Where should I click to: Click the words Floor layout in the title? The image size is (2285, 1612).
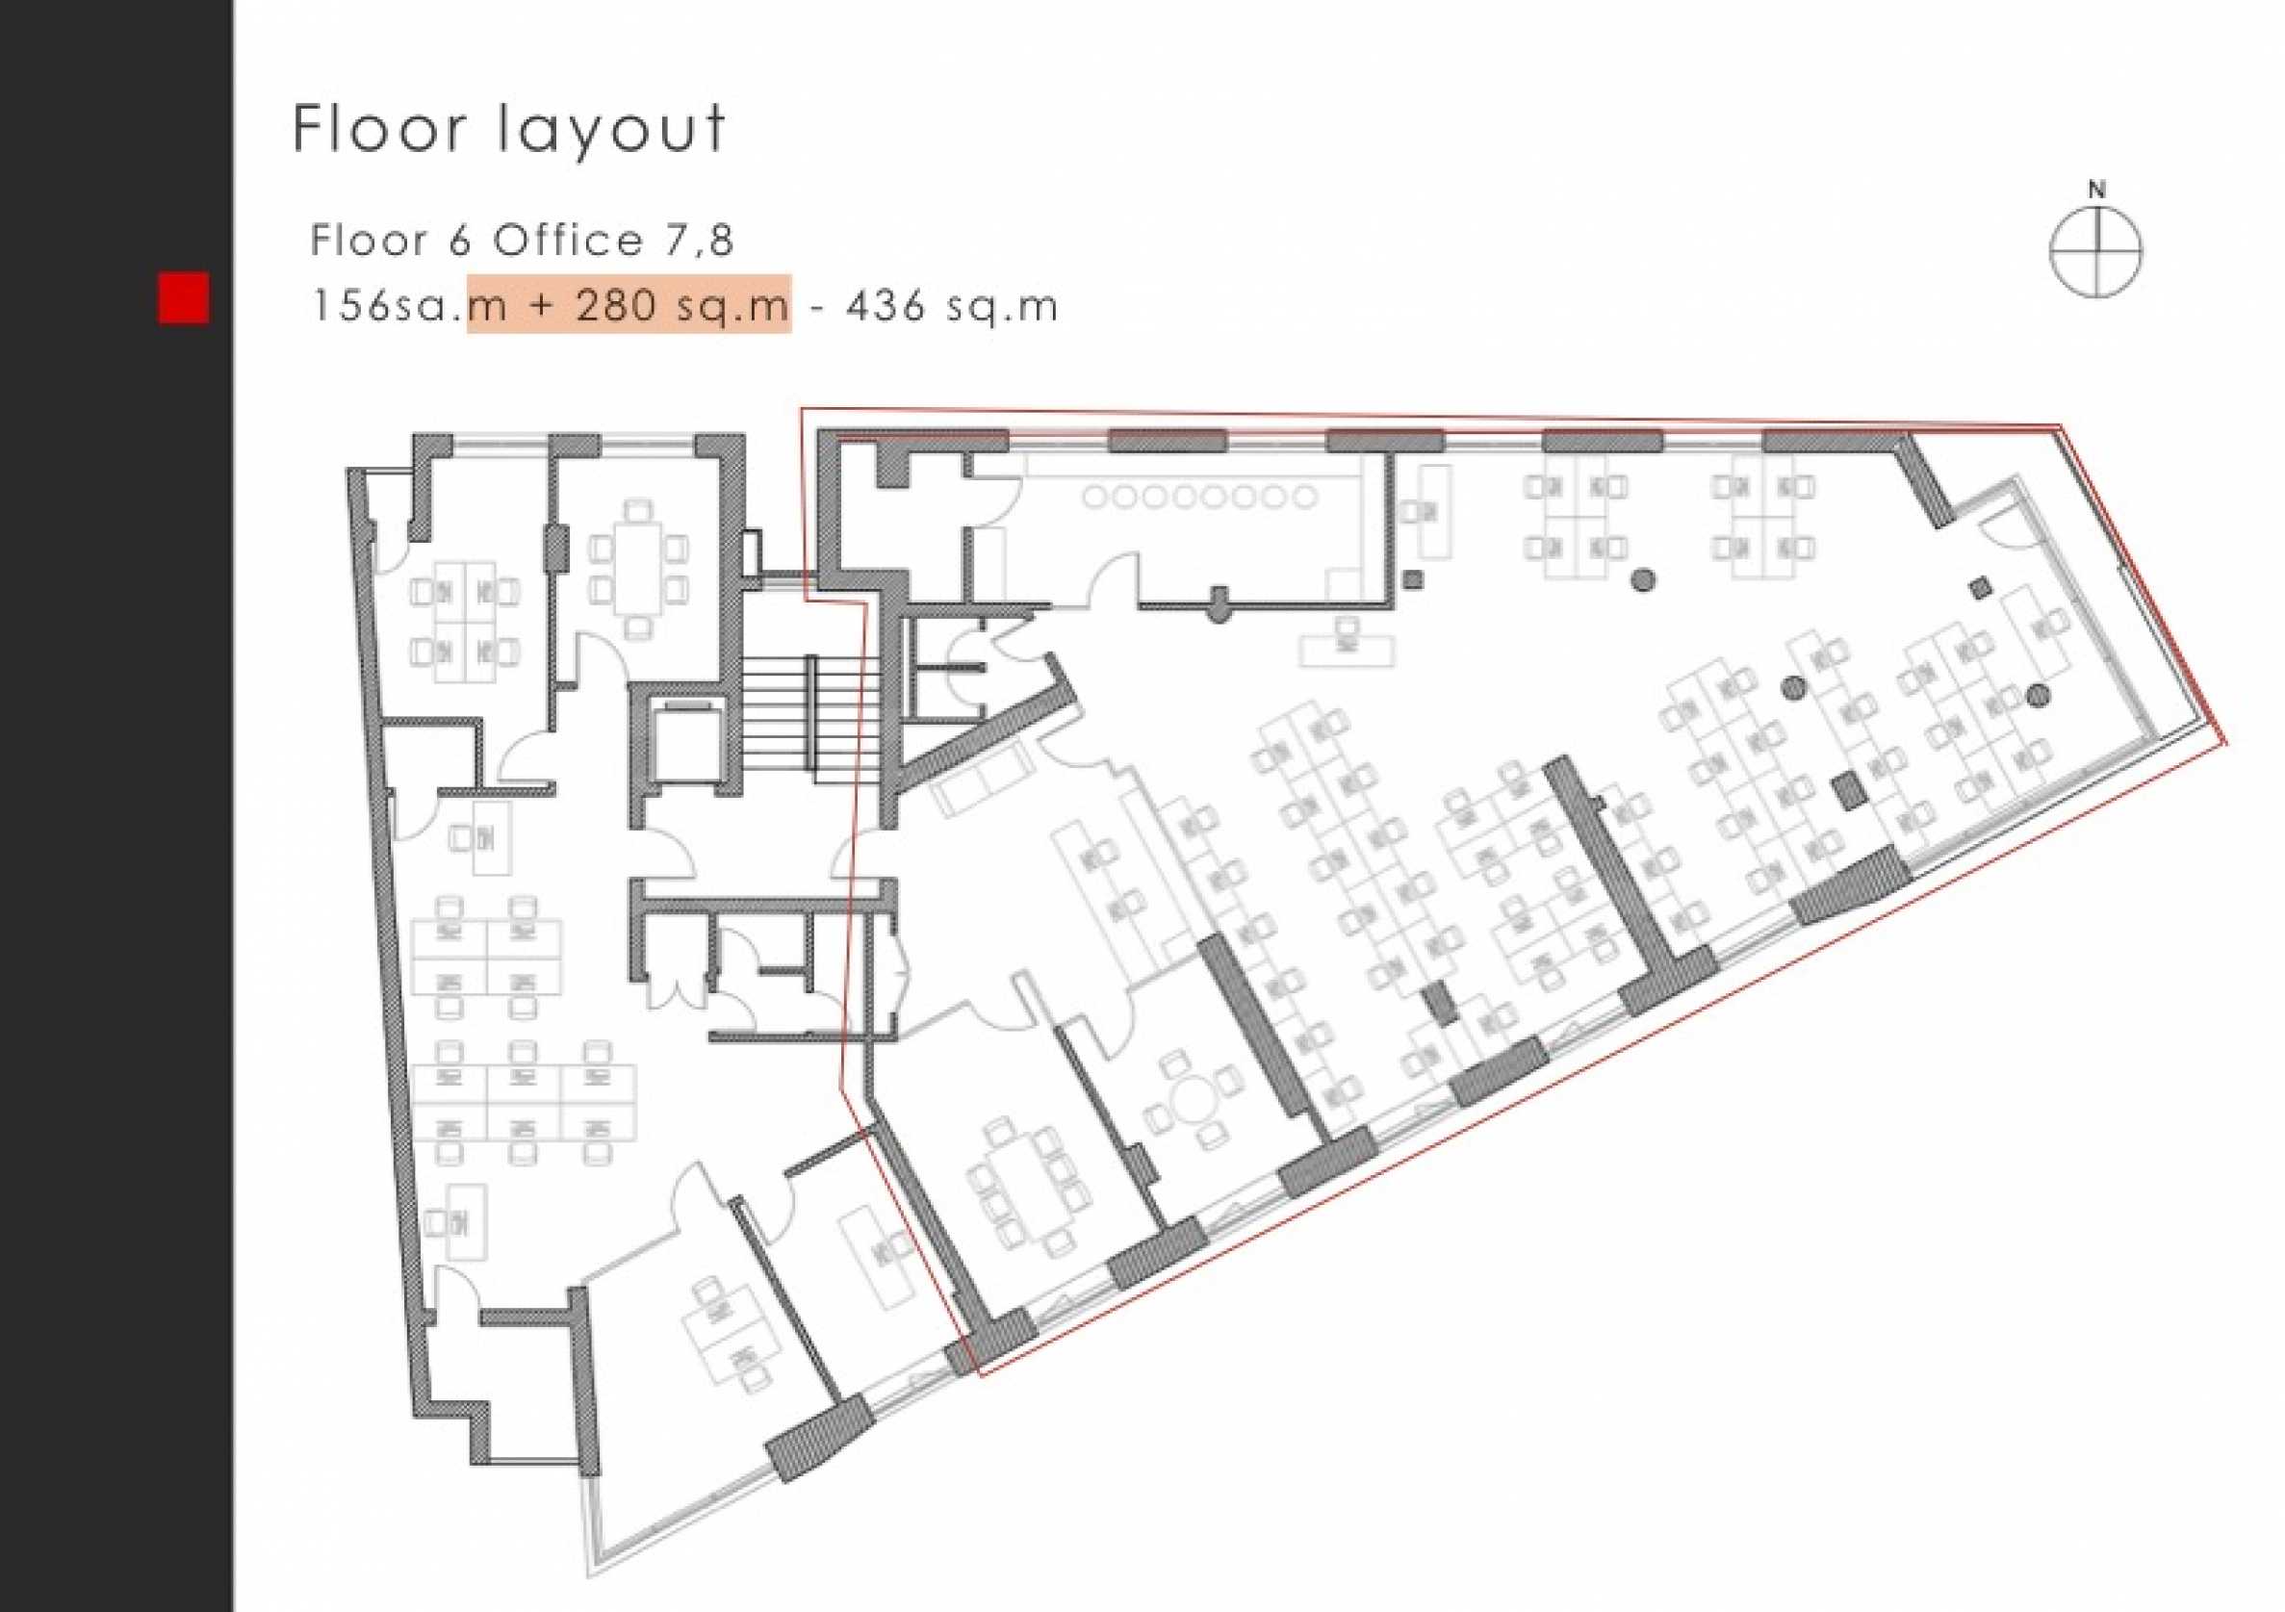(508, 129)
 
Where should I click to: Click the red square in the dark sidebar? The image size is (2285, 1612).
(184, 298)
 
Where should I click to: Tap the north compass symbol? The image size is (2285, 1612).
(2096, 252)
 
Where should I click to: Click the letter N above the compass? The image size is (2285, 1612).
(2097, 189)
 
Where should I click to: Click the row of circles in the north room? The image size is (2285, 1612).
(1200, 497)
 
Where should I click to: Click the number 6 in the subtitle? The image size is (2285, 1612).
(459, 240)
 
